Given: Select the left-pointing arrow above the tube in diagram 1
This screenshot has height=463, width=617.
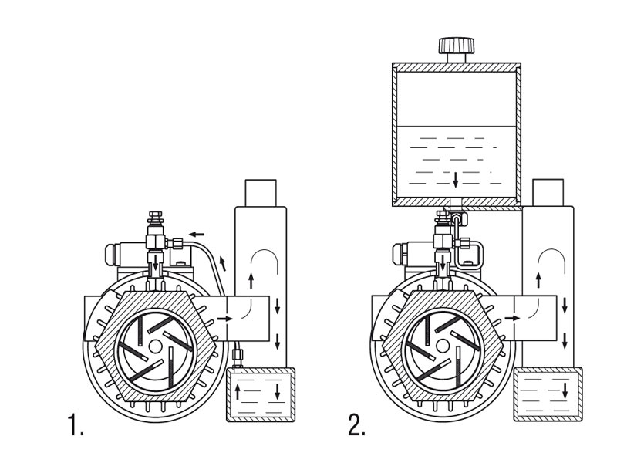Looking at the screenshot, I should coord(197,232).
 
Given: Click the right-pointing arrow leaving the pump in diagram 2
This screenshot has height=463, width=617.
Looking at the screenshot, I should coord(512,317).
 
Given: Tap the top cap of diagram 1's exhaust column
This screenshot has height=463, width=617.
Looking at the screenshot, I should coord(260,191).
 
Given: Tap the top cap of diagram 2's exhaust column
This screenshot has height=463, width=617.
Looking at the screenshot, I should coord(548,191).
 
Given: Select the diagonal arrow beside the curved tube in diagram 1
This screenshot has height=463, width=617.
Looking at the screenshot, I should coord(224,263).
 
